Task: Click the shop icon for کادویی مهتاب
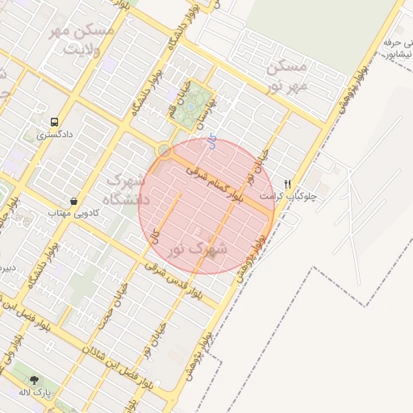coord(74,200)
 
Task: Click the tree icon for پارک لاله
coord(34,379)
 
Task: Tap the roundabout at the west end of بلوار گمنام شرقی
coord(164,150)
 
